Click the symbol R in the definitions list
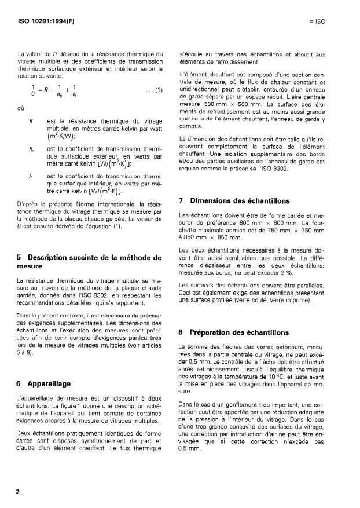click(x=30, y=121)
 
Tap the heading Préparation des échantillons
click(x=232, y=332)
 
